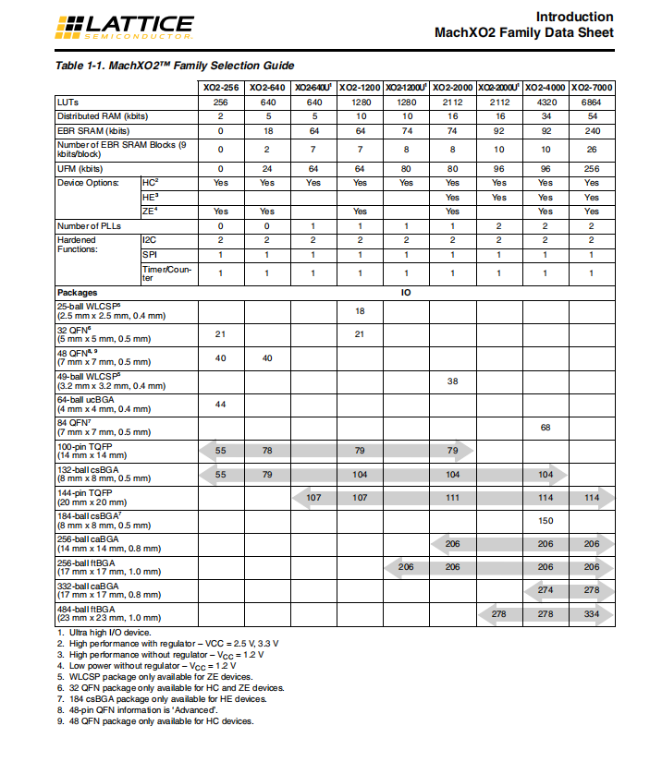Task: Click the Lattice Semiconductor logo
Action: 126,29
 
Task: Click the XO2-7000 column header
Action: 592,87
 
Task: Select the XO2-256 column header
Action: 220,87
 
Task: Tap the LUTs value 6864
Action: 592,102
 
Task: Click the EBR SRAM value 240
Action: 592,132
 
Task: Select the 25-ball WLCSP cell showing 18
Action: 360,311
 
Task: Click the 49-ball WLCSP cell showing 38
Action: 452,381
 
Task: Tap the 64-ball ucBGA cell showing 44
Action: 220,405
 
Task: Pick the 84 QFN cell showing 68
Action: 546,428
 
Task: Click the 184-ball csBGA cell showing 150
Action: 546,521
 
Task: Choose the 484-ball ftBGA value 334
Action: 592,613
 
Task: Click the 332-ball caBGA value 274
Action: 546,590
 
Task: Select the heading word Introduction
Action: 574,17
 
